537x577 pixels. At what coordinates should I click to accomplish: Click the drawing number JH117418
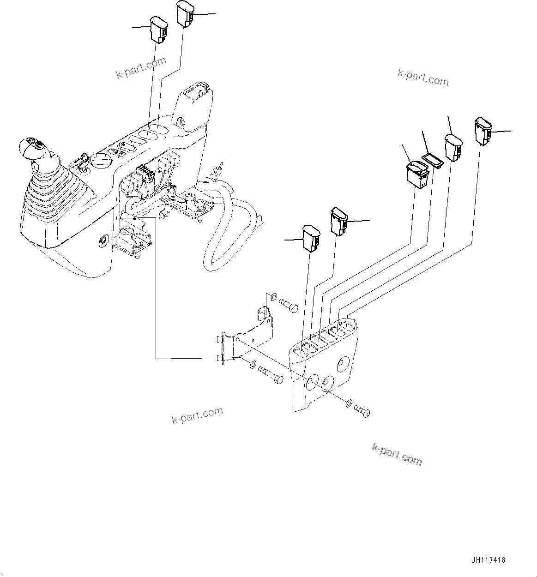(x=489, y=560)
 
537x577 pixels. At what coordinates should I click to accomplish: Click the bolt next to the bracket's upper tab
(x=288, y=306)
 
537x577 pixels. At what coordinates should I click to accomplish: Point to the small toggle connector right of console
(x=217, y=171)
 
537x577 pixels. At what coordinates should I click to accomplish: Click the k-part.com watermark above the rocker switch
(x=422, y=78)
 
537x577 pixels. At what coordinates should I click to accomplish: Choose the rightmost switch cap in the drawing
(x=483, y=130)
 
